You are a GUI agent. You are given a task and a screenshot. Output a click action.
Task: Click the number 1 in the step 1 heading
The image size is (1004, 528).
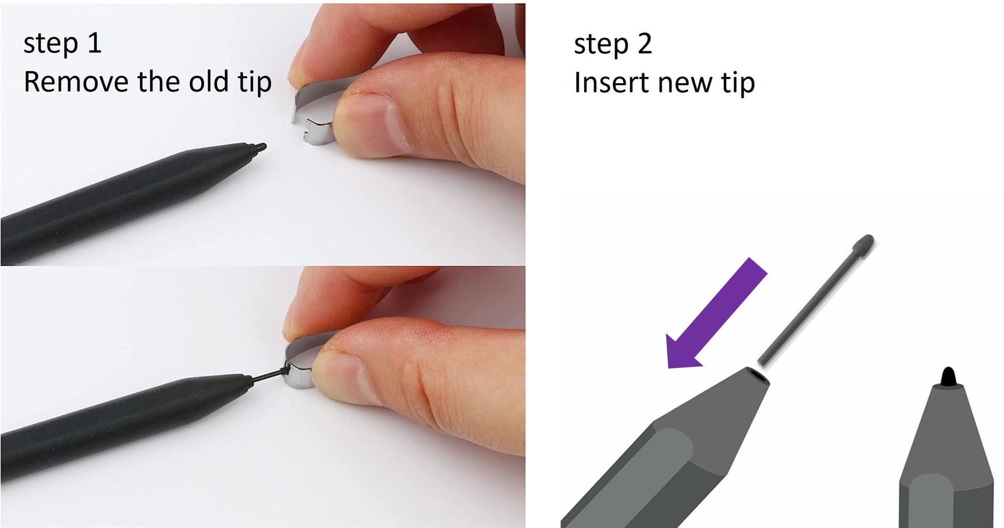point(95,43)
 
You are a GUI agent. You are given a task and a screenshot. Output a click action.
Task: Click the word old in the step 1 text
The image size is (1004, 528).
point(209,82)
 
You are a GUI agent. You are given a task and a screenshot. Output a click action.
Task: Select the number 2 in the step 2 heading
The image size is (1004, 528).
point(645,44)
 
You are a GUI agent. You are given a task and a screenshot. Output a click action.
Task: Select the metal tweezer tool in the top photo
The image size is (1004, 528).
point(311,113)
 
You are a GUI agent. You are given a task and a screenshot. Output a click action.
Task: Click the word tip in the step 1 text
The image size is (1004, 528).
point(255,83)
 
